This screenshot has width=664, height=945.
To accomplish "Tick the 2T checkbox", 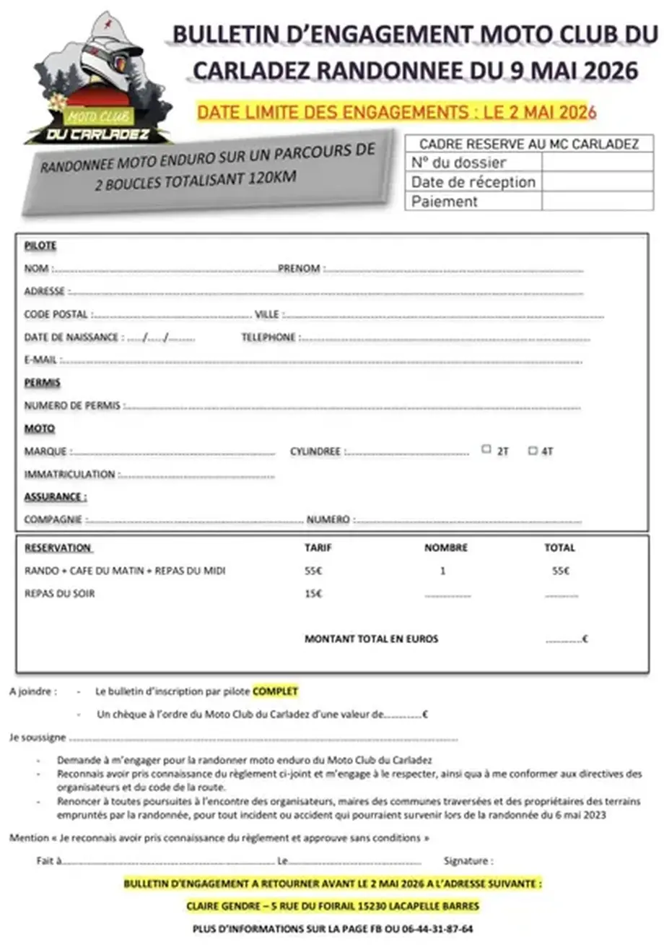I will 486,449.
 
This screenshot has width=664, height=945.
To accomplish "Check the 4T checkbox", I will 533,450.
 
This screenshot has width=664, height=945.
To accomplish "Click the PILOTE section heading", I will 40,246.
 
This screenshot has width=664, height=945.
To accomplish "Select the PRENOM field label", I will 299,269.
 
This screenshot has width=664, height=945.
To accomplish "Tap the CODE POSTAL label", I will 56,315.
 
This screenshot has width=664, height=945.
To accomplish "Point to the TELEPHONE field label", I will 268,337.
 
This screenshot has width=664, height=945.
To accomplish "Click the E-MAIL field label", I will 40,360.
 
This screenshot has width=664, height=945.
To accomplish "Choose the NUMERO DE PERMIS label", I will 72,406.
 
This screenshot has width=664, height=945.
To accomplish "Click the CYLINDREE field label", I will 315,452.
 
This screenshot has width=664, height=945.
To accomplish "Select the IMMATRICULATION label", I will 69,475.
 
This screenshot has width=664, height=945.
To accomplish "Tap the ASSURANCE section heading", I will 56,497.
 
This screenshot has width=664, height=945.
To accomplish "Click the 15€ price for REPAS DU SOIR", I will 313,594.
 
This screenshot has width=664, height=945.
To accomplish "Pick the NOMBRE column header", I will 445,548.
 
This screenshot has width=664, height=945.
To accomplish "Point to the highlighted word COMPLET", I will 275,691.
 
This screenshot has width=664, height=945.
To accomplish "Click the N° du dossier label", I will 458,163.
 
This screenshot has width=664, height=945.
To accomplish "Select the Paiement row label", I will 445,202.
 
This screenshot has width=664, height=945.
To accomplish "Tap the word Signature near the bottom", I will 468,860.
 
